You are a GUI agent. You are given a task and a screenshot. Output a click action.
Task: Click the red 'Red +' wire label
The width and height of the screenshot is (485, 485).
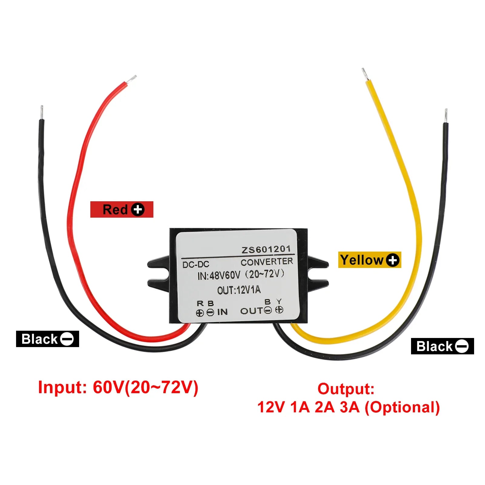(122, 209)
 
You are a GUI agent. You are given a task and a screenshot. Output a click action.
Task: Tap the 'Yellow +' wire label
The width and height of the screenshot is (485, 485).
(370, 260)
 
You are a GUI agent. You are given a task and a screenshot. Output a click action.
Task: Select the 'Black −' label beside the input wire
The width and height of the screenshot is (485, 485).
(47, 339)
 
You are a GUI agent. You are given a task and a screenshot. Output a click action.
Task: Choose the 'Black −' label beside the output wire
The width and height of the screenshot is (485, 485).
(442, 346)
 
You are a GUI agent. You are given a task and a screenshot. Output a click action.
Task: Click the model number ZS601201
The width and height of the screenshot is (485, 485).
(266, 249)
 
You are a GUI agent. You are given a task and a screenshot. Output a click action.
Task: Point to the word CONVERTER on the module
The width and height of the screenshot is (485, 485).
(267, 262)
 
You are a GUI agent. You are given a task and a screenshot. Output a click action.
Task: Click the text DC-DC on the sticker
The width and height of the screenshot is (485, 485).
(196, 264)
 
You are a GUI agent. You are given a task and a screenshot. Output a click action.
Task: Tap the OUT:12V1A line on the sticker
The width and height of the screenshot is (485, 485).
(239, 290)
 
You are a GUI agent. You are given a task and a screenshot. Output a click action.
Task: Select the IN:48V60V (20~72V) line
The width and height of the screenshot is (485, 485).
(241, 275)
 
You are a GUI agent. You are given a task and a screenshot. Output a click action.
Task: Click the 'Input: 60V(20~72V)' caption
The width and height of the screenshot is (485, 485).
(118, 387)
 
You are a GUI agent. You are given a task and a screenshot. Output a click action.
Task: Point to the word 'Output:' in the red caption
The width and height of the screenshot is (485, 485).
(346, 389)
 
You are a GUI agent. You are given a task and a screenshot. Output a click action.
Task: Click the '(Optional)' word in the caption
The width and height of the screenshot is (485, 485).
(402, 407)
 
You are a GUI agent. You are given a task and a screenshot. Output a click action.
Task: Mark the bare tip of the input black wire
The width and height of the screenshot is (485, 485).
(42, 112)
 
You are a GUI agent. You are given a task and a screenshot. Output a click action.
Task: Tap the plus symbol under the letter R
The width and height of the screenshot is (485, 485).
(200, 313)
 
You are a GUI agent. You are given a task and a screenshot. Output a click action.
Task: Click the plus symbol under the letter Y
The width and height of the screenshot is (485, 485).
(279, 310)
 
